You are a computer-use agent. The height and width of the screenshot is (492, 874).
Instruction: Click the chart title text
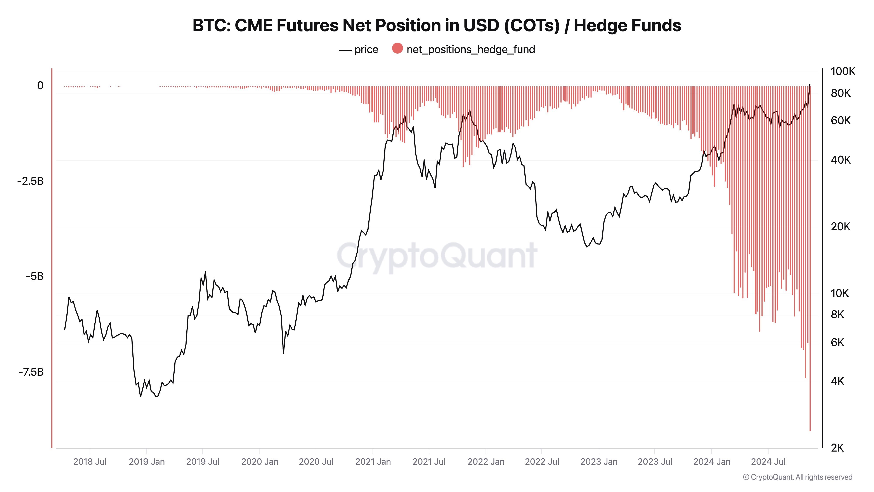437,25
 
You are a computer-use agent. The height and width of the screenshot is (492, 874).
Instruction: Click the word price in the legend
366,50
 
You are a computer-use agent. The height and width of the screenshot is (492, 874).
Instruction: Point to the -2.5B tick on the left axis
31,181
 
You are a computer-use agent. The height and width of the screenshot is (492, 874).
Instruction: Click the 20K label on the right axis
840,227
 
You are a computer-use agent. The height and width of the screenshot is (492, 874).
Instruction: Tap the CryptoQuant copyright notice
797,477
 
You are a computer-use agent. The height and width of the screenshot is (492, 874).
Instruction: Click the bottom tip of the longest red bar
810,431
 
